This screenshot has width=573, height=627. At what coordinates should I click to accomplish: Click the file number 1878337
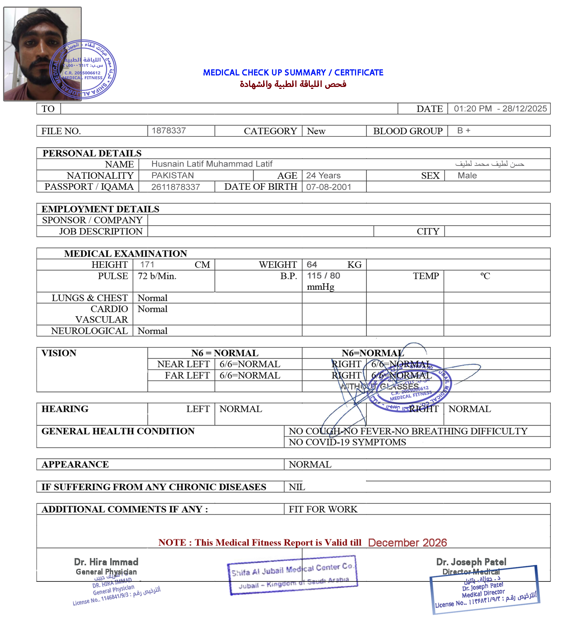(169, 131)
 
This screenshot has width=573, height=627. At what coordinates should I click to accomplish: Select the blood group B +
(464, 131)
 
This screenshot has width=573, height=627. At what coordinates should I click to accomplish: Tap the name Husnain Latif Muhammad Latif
(212, 164)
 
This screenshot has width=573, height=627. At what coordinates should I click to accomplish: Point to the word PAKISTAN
(173, 175)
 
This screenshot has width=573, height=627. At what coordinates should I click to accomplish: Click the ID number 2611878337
(176, 187)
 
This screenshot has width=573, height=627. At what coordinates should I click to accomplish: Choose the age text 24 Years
(323, 175)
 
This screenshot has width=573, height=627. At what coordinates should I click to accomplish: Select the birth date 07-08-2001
(329, 187)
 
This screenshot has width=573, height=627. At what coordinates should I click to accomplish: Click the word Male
(467, 175)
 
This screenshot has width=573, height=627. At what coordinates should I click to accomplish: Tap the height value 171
(147, 265)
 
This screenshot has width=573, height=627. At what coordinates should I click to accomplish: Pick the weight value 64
(312, 265)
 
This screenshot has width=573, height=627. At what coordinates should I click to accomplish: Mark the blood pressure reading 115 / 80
(324, 276)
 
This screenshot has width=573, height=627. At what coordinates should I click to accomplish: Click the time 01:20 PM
(472, 109)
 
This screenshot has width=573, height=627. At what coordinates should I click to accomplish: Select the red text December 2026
(407, 543)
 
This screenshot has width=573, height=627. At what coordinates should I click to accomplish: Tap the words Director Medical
(471, 572)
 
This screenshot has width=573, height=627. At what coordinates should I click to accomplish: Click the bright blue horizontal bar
(293, 72)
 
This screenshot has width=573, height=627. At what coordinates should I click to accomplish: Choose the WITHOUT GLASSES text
(379, 386)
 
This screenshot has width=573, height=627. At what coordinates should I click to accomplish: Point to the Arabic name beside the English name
(490, 164)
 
